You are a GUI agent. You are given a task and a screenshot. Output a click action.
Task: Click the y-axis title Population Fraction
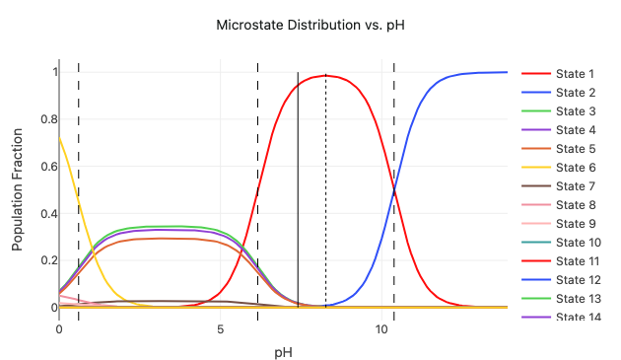pyautogui.click(x=18, y=189)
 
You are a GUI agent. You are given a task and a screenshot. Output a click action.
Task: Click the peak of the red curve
pyautogui.click(x=325, y=75)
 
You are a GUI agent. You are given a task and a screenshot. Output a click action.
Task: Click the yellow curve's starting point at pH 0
pyautogui.click(x=59, y=136)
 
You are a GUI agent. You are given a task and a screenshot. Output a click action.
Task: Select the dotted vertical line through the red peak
pyautogui.click(x=326, y=197)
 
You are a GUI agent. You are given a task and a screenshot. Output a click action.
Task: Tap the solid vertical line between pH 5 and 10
pyautogui.click(x=298, y=197)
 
